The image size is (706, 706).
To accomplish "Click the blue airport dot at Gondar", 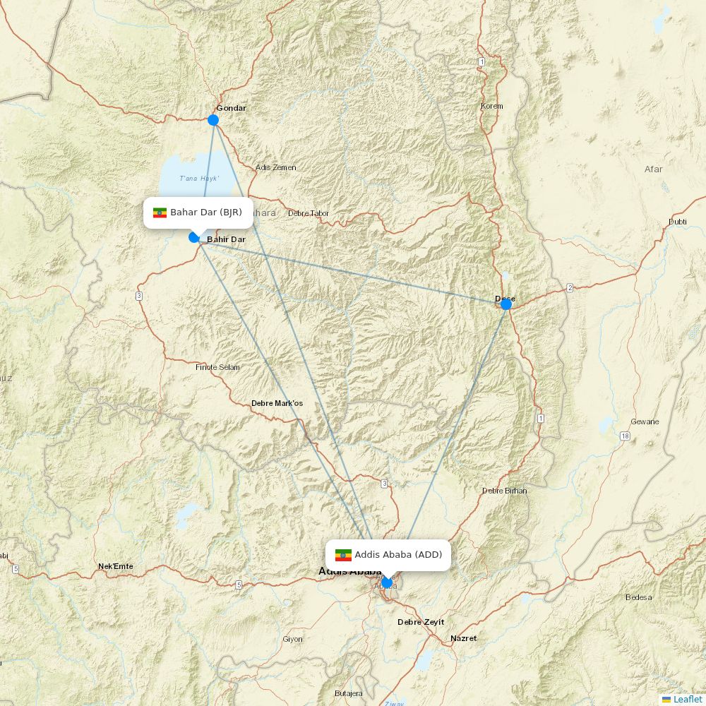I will click(x=213, y=120).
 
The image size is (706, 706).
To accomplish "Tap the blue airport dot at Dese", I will click(x=505, y=304).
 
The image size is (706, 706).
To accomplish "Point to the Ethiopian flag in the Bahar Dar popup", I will click(x=160, y=213).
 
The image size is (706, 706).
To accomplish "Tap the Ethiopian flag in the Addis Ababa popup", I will click(x=343, y=555).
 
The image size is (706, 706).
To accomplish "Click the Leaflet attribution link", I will click(x=688, y=699).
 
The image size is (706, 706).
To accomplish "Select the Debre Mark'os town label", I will click(x=277, y=404).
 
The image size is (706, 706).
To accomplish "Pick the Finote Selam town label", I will click(x=217, y=367).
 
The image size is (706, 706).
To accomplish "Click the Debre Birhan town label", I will click(x=504, y=491).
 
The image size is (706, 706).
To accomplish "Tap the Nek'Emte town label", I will click(x=116, y=566).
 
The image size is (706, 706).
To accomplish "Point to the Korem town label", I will click(x=492, y=107).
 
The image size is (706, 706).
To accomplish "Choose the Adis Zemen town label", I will click(x=276, y=168).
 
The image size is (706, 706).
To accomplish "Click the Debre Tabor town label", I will click(x=309, y=213).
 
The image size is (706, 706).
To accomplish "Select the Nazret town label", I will click(x=464, y=638).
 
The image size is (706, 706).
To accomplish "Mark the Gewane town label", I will click(x=645, y=421).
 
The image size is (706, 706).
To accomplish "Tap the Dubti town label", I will click(x=677, y=222).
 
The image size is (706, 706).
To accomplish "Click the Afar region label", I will click(x=654, y=169).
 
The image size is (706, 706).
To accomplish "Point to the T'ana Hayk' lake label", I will click(x=199, y=179).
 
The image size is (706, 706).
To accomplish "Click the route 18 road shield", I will click(x=625, y=436).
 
